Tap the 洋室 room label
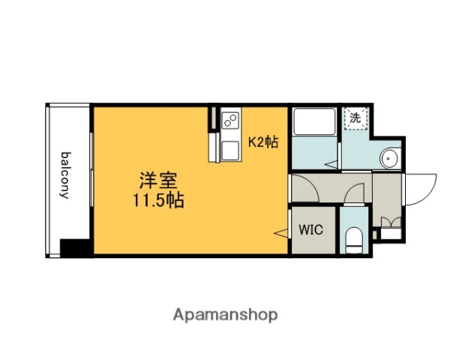coord(157,182)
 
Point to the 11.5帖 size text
coord(157,200)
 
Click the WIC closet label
coord(311,229)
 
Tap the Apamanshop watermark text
coord(226,314)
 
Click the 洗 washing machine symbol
coord(355,118)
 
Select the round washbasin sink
coord(389,157)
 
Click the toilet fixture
coord(355,239)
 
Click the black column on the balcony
coord(76,246)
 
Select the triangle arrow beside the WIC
coord(282,235)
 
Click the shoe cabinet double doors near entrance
coord(389,222)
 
